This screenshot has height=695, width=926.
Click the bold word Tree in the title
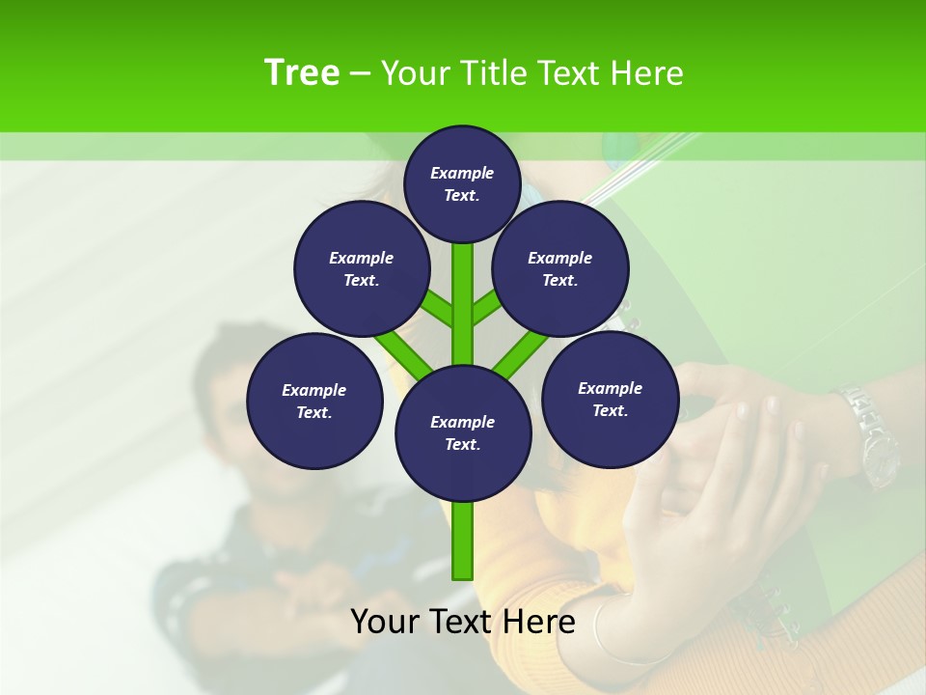tap(301, 73)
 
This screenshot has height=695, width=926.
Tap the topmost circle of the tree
tap(462, 183)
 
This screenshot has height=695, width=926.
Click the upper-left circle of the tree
tap(361, 268)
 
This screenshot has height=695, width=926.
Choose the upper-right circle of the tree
tap(559, 268)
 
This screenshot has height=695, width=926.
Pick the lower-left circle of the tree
tap(314, 401)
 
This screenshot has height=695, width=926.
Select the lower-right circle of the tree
tap(610, 399)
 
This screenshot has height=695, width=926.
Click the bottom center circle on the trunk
tap(463, 433)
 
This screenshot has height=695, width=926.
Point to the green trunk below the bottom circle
tap(463, 541)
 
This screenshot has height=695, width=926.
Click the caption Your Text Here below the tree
tap(462, 622)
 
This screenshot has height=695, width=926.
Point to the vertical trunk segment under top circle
tap(463, 290)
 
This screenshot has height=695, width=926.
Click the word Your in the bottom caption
tap(386, 622)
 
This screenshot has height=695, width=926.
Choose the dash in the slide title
tap(360, 73)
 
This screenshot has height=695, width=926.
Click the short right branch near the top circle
tap(486, 308)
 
